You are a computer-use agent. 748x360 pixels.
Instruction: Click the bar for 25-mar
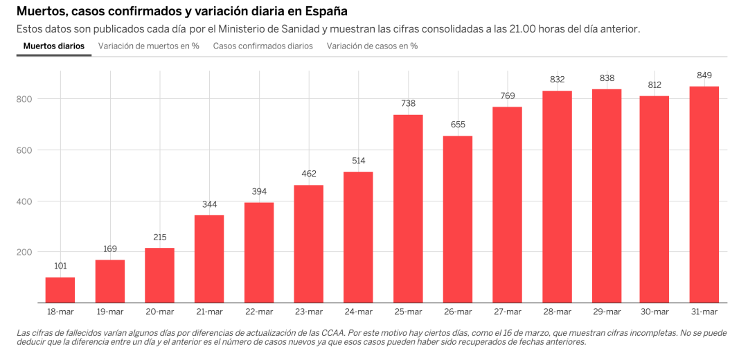(408, 208)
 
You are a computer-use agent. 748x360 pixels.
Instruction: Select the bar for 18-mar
(60, 290)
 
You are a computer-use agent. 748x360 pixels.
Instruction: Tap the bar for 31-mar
(704, 195)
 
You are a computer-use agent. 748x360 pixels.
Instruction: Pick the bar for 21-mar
(209, 259)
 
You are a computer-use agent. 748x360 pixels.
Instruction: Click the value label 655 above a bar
(458, 125)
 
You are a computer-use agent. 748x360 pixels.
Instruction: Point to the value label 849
(704, 75)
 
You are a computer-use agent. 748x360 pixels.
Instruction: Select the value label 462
(308, 174)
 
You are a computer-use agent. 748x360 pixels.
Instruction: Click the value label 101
(60, 266)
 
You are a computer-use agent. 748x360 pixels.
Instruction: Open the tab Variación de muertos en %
(149, 46)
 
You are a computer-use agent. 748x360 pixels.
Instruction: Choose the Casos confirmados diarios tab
(263, 46)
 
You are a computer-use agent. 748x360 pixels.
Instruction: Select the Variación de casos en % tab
(372, 46)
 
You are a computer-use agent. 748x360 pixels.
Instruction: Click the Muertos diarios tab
(54, 46)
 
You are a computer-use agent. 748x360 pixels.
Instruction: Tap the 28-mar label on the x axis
(557, 312)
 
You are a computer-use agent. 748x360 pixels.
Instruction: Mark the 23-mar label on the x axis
(308, 312)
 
